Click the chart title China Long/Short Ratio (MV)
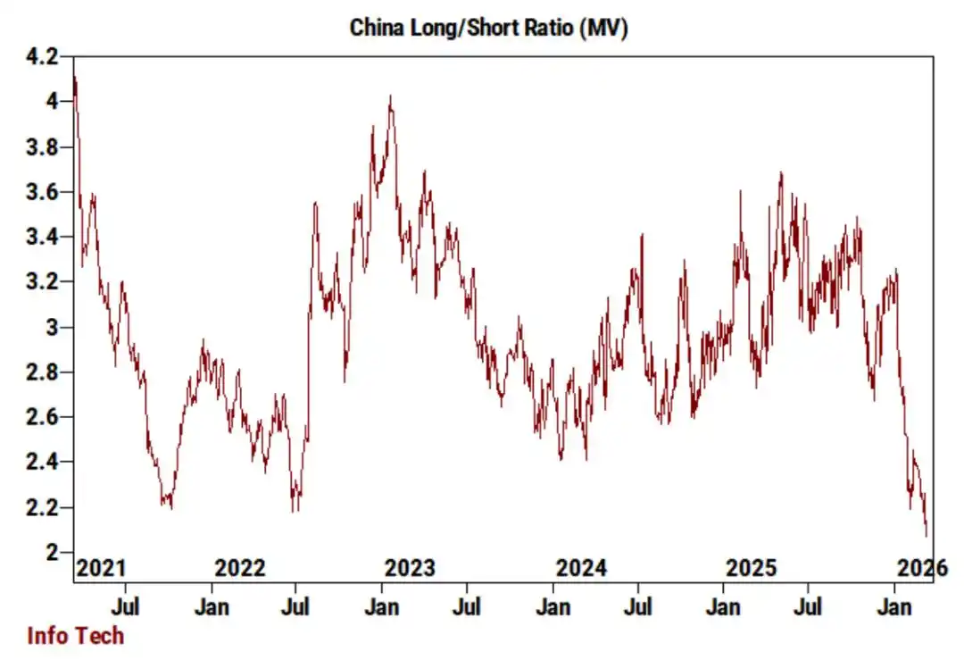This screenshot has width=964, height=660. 488,28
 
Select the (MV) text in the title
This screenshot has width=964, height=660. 603,28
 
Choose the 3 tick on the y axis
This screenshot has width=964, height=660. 52,327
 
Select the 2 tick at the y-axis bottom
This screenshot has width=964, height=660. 52,552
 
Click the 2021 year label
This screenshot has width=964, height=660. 101,568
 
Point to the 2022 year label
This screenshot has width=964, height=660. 240,568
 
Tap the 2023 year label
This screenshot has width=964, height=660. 410,568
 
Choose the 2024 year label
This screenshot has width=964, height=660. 581,568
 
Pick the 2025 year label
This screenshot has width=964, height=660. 752,568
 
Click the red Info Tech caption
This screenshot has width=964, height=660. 75,636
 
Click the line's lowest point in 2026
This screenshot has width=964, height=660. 926,536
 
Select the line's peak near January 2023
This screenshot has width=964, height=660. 390,96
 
